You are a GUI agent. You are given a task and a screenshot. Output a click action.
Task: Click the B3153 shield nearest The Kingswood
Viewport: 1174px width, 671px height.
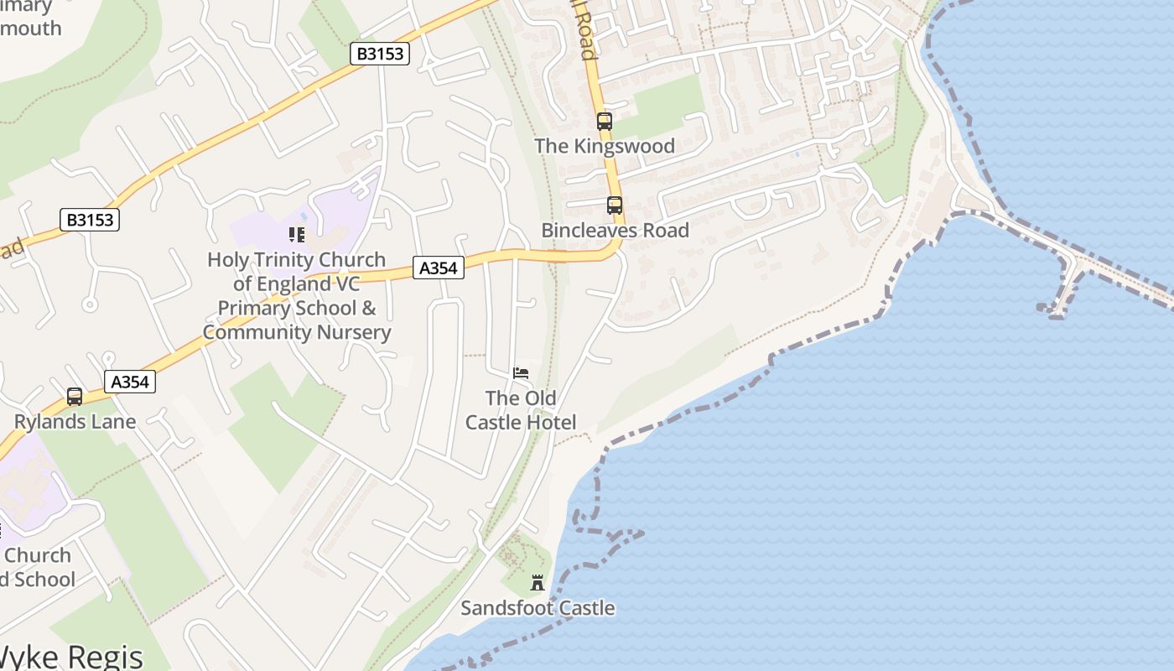380,55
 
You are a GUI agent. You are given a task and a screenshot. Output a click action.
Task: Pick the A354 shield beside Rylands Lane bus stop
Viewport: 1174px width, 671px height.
130,382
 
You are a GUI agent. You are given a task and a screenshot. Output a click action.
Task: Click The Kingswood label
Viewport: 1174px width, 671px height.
604,146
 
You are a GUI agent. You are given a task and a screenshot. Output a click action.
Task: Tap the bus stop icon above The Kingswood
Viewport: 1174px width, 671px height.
605,121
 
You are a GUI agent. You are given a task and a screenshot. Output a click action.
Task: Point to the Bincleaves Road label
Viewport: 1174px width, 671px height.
615,231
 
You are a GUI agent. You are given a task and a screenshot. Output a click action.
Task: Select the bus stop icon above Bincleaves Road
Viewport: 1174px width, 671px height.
615,205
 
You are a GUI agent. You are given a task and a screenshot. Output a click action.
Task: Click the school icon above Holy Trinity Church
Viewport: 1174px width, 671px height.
296,235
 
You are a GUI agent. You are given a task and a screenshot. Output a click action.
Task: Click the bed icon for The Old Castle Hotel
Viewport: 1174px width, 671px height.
521,373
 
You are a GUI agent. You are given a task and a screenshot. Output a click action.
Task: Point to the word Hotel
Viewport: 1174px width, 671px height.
550,422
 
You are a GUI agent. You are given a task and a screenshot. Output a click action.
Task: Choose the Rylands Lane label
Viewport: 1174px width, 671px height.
75,421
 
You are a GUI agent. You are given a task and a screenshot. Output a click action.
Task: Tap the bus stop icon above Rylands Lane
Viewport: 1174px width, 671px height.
75,396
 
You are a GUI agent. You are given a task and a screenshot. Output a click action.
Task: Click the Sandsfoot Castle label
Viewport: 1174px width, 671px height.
538,608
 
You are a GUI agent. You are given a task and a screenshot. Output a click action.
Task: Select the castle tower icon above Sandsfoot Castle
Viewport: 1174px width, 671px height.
538,583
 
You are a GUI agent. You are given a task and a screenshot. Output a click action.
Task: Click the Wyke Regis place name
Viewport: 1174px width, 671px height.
71,657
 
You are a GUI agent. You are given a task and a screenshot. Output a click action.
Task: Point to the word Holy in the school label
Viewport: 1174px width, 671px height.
228,260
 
